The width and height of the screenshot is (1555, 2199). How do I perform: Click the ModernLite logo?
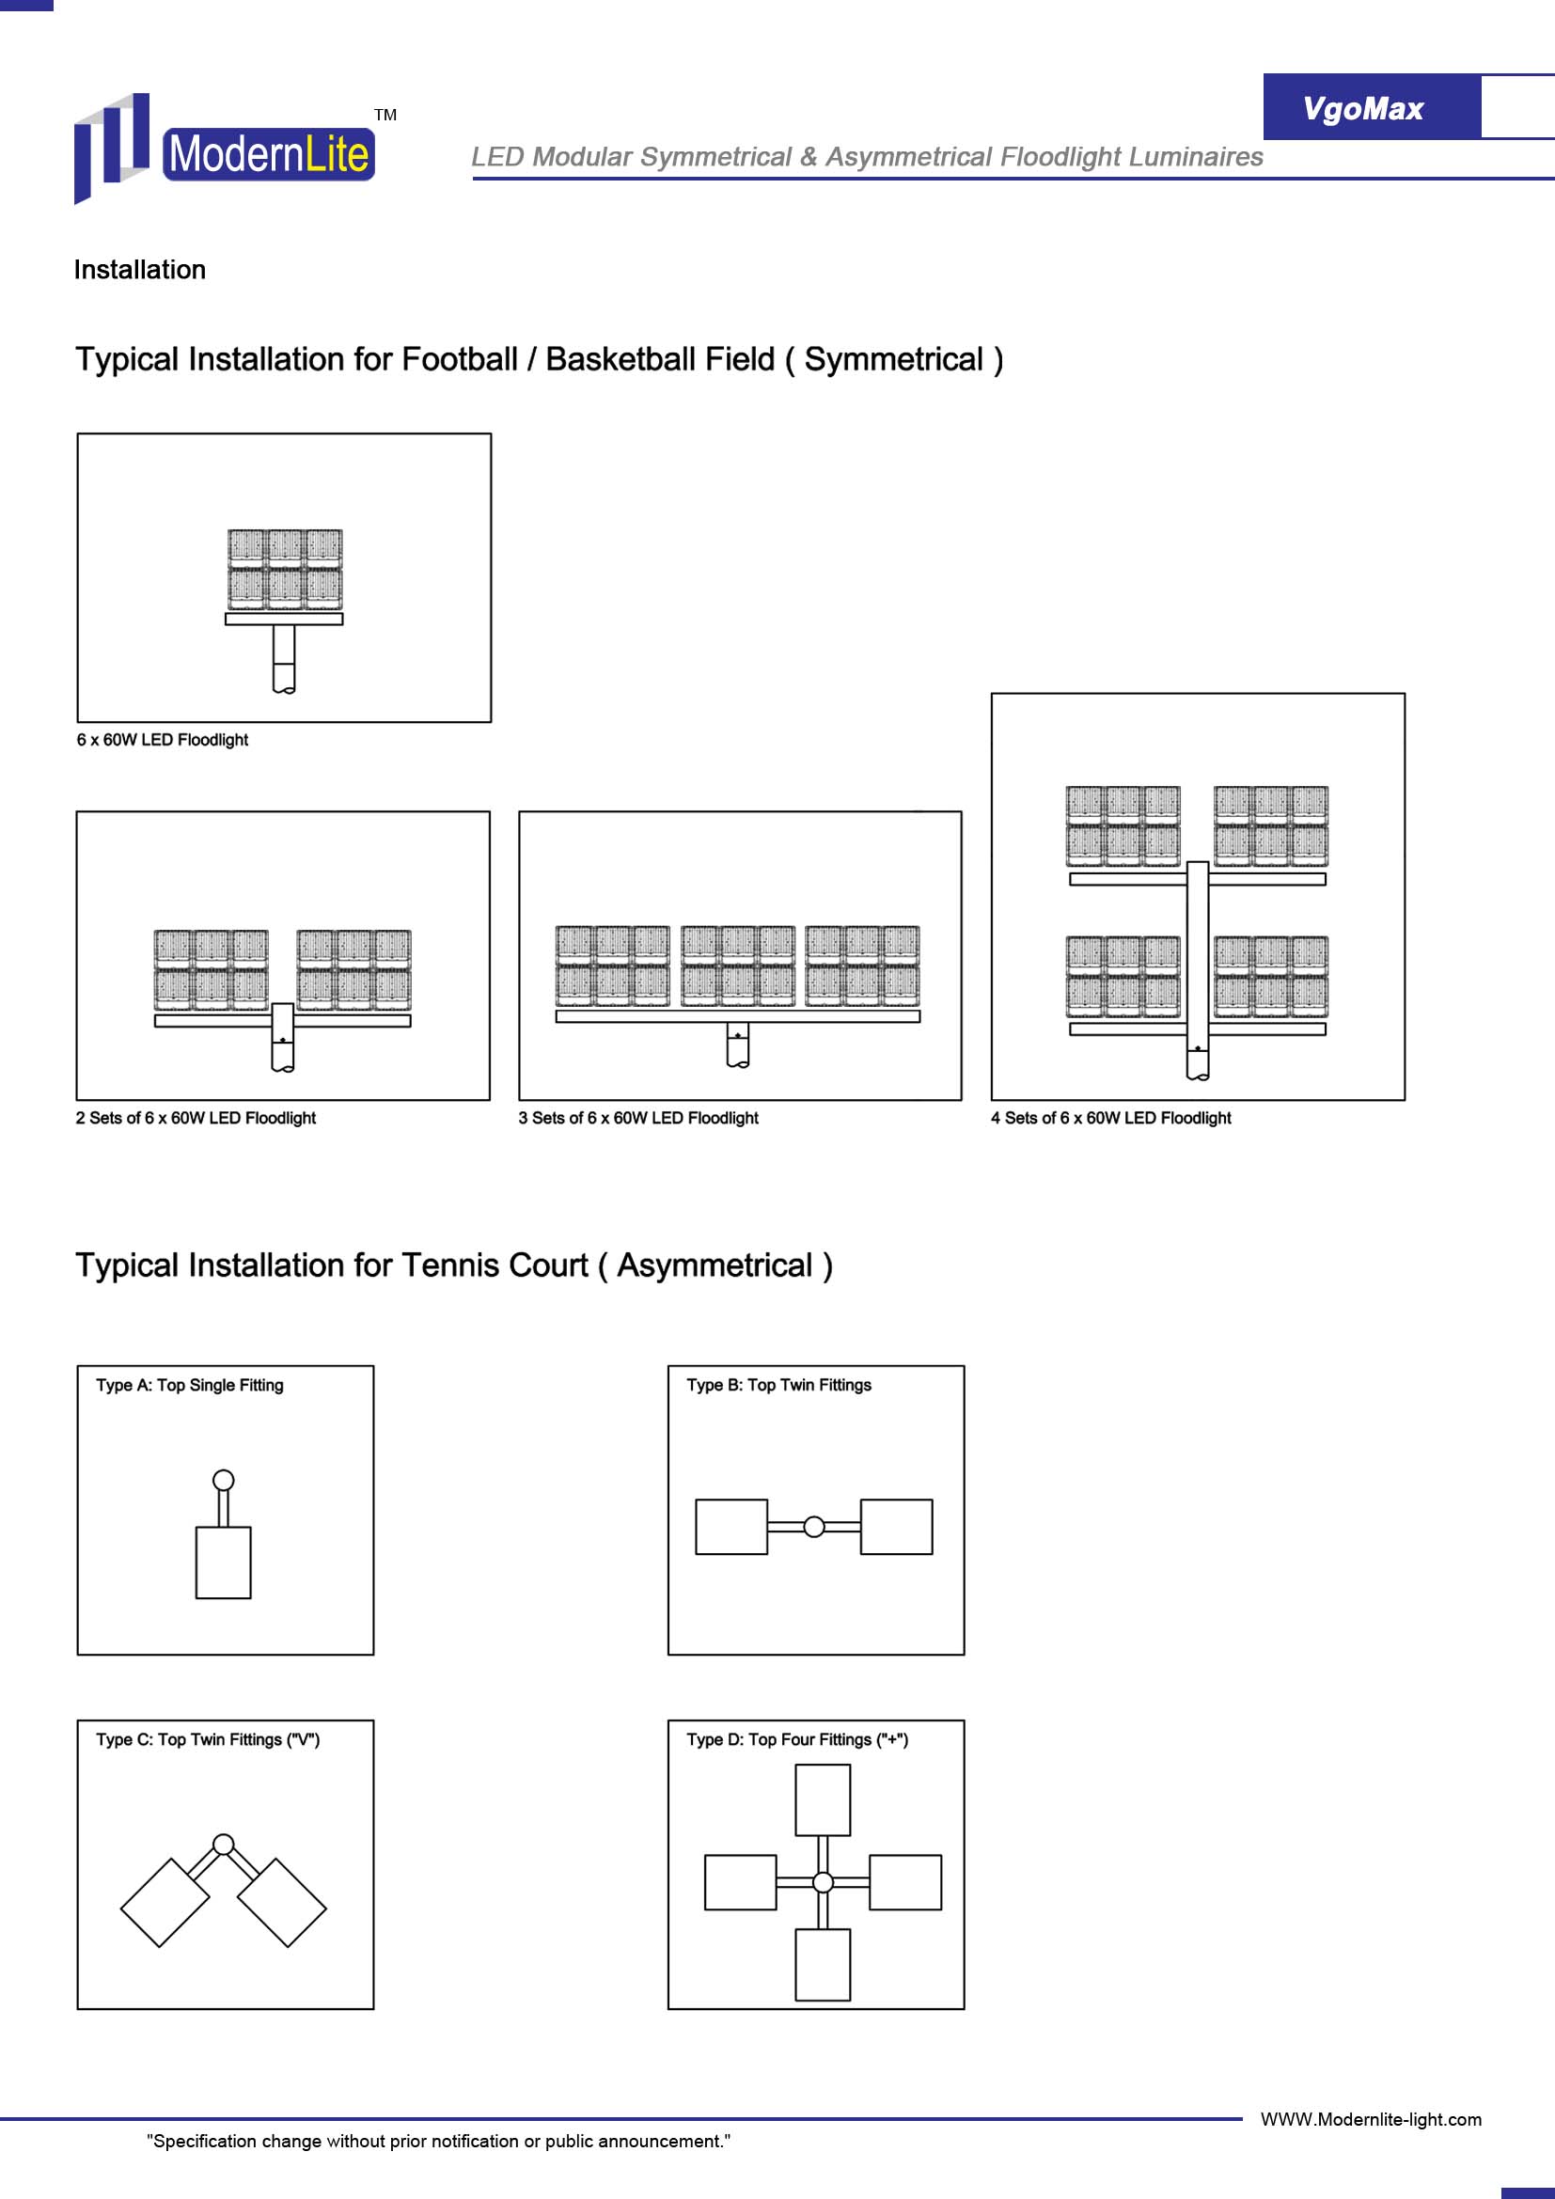[225, 149]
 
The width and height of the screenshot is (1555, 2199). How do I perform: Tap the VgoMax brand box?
[1371, 107]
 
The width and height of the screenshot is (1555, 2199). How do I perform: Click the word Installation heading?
[140, 270]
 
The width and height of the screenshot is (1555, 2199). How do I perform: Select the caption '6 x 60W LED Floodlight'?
[162, 739]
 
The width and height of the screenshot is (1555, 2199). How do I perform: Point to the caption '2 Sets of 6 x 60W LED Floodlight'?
[196, 1118]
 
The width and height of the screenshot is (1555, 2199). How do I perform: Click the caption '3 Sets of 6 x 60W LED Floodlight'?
[637, 1118]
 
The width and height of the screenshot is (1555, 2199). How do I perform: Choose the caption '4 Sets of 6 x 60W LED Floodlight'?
[1110, 1118]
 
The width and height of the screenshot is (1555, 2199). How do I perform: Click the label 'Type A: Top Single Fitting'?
[190, 1385]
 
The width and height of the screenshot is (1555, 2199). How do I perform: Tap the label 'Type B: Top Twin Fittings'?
[778, 1385]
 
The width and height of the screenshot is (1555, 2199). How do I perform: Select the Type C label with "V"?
[208, 1739]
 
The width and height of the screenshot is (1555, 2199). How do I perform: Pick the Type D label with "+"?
[796, 1739]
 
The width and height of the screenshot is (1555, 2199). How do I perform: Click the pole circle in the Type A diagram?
[223, 1480]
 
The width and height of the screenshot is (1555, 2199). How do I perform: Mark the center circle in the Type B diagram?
[814, 1527]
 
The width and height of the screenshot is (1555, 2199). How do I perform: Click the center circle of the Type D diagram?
[823, 1882]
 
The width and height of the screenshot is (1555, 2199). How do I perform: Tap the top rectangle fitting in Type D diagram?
[823, 1800]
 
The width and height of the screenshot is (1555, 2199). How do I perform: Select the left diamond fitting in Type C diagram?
[165, 1902]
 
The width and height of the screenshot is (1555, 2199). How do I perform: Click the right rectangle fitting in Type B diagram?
[896, 1527]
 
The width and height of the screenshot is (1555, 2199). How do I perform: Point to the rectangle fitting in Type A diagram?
[223, 1563]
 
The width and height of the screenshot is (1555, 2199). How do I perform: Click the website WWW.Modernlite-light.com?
[1370, 2119]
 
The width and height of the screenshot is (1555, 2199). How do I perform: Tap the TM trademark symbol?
[385, 115]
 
